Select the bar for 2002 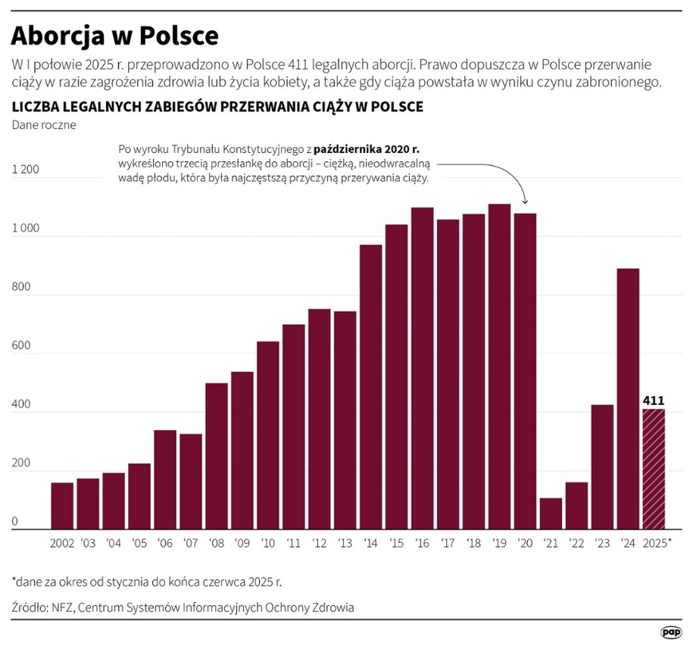pos(62,506)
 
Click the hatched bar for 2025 pos(654,469)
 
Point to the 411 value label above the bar pos(654,400)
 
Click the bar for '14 pos(370,387)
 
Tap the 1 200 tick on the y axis pos(25,170)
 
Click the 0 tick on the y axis pos(14,523)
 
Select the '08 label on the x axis pos(217,544)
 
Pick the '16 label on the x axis pos(422,544)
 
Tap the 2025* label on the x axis pos(656,544)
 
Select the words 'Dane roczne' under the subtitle pos(43,125)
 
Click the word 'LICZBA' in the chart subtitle pos(34,106)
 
